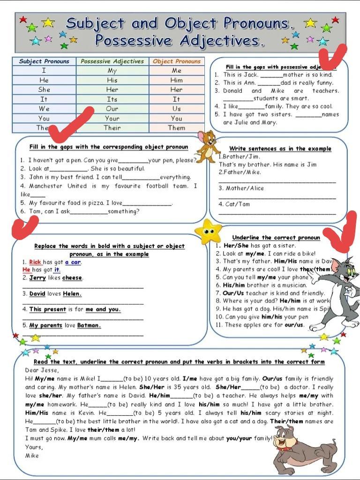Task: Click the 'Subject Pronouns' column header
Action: coord(44,61)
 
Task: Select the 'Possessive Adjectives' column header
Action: coord(112,61)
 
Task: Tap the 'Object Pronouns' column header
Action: coord(176,61)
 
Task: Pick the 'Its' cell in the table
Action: coord(112,99)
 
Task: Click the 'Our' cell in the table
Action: coord(112,109)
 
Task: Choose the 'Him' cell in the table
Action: coord(176,80)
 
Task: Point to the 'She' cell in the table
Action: coord(44,90)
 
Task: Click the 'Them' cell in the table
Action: coord(176,127)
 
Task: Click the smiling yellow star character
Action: coord(208,231)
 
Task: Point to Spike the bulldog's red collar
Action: coord(284,447)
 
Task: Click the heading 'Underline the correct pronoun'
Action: coord(276,238)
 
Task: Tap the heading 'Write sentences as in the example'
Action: coord(280,149)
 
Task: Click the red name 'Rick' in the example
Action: coord(35,262)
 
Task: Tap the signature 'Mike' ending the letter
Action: coord(32,455)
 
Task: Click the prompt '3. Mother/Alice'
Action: coord(241,188)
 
